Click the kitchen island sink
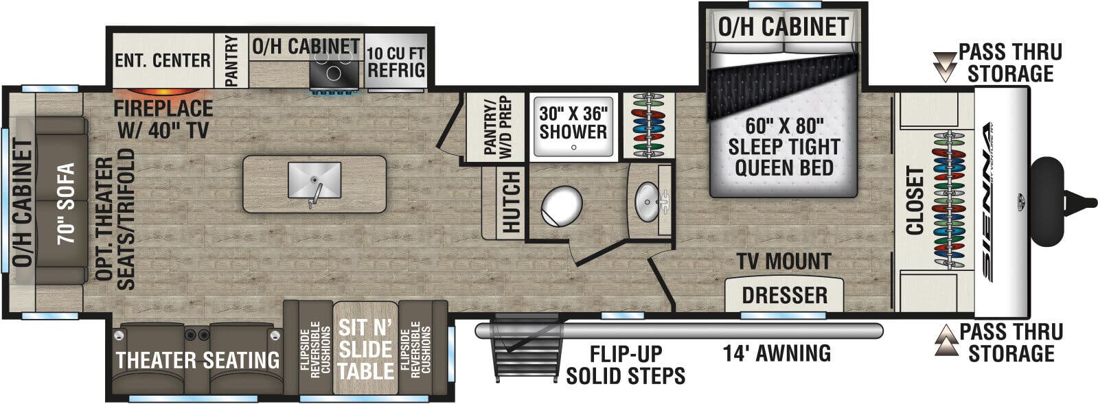pos(314,179)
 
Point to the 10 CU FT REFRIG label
pos(396,62)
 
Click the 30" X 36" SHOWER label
pos(573,122)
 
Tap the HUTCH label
pos(512,202)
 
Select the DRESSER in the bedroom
pos(784,295)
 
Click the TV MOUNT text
pos(784,261)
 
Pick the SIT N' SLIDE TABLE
pos(365,348)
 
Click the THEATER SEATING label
pos(198,360)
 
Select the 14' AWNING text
pos(777,353)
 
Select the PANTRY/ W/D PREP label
pos(497,128)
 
